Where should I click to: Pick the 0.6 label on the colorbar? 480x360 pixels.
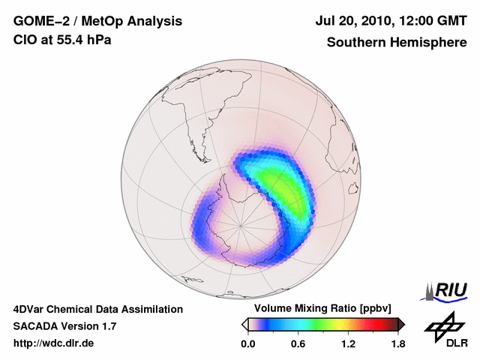pos(298,343)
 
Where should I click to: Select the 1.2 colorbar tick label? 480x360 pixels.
pos(347,343)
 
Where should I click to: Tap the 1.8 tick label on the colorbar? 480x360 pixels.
pos(397,343)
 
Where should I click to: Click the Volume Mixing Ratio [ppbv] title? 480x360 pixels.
pos(322,309)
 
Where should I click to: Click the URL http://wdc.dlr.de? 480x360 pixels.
pos(54,343)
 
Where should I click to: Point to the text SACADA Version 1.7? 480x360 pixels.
pos(64,326)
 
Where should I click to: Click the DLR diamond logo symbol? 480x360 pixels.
pos(442,325)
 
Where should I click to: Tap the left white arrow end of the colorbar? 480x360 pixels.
pos(244,324)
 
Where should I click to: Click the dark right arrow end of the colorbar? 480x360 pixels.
pos(401,324)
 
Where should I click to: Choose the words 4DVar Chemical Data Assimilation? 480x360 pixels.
pos(98,309)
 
